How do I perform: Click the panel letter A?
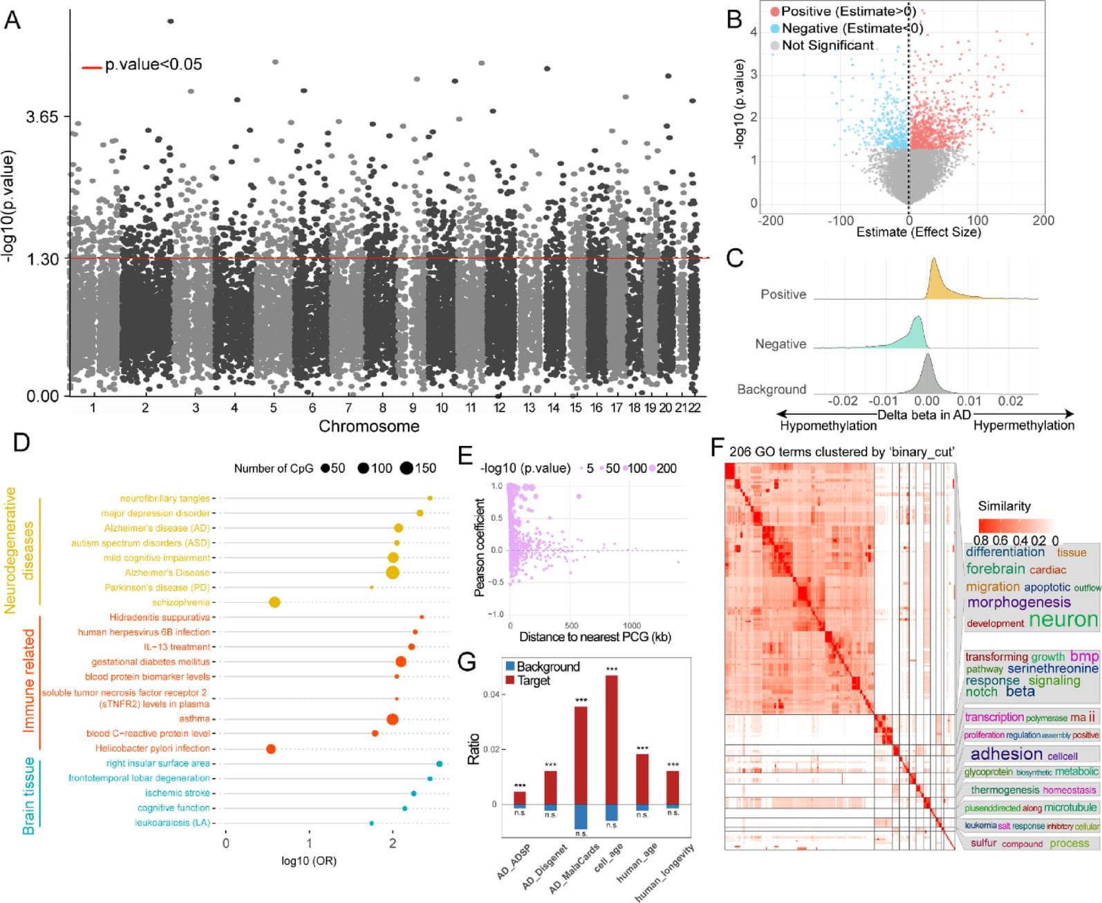12,21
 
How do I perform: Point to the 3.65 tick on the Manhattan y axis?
42,116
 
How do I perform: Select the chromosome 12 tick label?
499,408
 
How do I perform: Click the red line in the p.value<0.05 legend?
92,68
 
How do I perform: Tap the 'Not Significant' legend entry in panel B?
828,46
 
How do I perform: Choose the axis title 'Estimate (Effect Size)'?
918,232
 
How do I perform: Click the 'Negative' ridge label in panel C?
781,344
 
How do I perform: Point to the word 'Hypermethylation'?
1023,426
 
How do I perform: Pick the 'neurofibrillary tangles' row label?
165,499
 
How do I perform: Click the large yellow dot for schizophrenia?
274,602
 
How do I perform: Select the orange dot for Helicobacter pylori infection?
271,749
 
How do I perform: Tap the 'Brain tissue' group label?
29,796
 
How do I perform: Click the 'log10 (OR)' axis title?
309,861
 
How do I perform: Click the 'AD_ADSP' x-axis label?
514,862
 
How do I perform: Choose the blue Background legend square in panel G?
510,667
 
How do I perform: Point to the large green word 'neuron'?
1063,620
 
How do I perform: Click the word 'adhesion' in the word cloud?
1006,754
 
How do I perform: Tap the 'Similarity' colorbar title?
1004,506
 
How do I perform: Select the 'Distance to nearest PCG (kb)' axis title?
595,637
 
